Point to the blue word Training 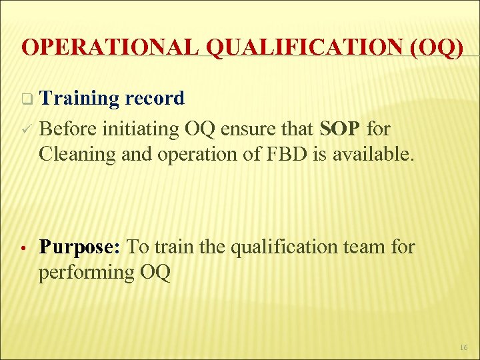click(79, 99)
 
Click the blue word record click(155, 99)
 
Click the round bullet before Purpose click(23, 247)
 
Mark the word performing click(85, 272)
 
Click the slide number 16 click(463, 347)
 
